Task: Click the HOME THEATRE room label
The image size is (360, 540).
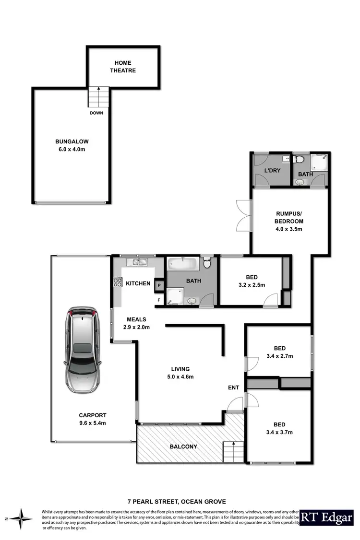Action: point(122,67)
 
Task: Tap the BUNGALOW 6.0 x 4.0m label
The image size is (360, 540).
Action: point(72,145)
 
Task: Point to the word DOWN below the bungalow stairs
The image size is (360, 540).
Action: point(96,113)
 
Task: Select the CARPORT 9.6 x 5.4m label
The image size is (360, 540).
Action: point(93,419)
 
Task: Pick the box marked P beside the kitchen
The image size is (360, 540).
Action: point(159,284)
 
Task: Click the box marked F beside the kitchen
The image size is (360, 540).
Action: point(159,300)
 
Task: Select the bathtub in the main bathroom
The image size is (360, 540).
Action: point(182,263)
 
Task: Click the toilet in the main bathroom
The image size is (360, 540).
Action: point(207,263)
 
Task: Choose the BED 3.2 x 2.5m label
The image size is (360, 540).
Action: point(252,281)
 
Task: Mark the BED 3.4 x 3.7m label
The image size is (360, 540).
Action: point(279,428)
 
